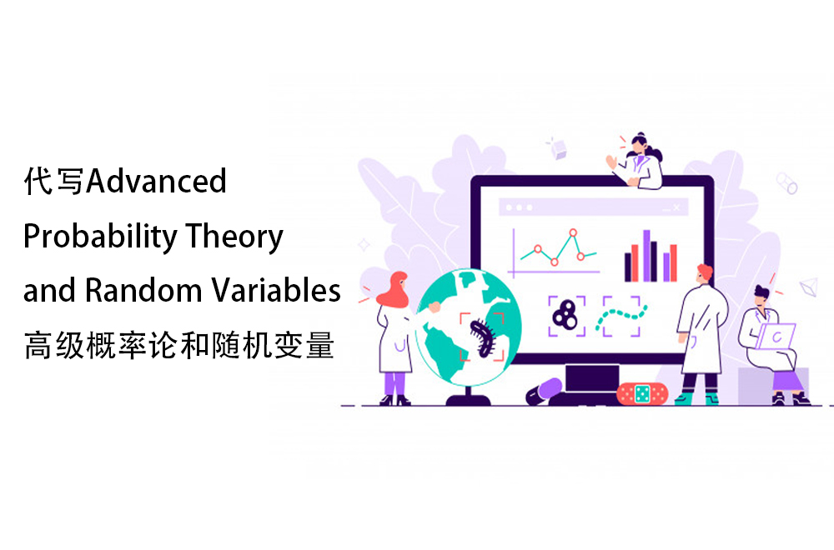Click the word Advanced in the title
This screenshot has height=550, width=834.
157,181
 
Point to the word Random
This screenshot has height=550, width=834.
143,290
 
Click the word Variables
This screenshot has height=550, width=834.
276,290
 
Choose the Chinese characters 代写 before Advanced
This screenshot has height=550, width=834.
53,181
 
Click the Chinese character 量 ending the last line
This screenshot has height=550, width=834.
319,345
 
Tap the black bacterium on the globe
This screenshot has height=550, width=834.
483,337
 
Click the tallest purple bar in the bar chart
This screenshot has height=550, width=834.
647,256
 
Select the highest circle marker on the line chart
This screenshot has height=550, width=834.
573,232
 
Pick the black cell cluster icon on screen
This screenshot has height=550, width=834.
565,315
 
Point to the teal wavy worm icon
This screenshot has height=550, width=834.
621,317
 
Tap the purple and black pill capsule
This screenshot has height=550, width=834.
544,392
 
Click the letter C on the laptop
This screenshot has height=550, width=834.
777,337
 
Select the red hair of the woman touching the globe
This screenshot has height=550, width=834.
394,290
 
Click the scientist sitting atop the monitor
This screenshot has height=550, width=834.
637,161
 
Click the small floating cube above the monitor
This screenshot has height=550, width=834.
559,149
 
